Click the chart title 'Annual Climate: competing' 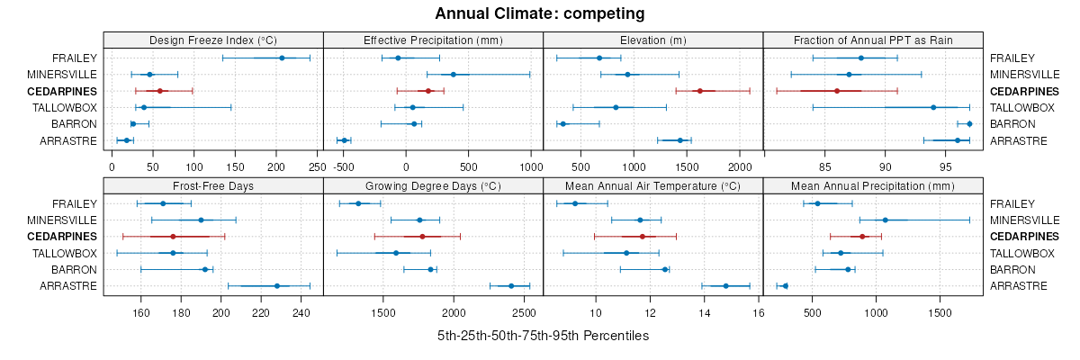(x=539, y=13)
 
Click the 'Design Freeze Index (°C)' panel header (x=213, y=40)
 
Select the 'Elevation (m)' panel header (x=652, y=40)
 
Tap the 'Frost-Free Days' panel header (x=213, y=185)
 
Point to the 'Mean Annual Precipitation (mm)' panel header (x=872, y=185)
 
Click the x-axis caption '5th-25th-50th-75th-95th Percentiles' (x=543, y=336)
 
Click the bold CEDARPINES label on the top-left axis (x=62, y=91)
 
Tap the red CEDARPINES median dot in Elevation (x=699, y=91)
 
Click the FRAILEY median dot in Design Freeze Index (x=282, y=58)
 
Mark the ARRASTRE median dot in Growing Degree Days (x=511, y=286)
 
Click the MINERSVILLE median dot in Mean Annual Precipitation (x=885, y=220)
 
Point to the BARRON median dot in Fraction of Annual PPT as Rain (x=969, y=124)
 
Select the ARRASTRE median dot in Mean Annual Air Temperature (x=725, y=286)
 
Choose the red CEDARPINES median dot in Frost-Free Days (x=173, y=237)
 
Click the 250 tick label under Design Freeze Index (x=317, y=166)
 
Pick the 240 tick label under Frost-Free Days (x=301, y=313)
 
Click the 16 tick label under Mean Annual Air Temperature (x=759, y=313)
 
